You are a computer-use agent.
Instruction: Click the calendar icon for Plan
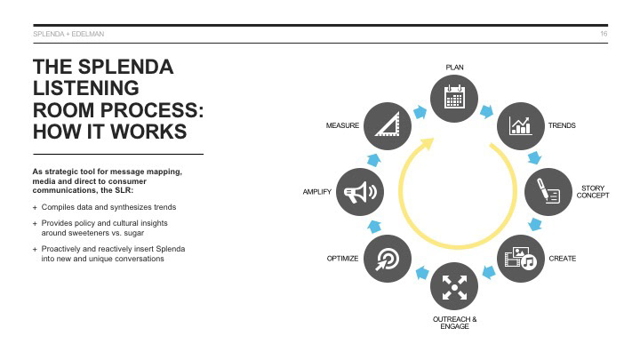pos(454,98)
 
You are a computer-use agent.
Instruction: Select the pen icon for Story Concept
pos(548,191)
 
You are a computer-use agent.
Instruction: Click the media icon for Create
pos(520,258)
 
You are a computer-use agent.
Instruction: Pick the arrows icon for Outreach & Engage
pos(454,286)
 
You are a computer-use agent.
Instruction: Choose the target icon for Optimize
pos(388,258)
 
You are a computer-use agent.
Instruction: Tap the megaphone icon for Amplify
pos(361,192)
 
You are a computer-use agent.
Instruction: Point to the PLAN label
pos(454,68)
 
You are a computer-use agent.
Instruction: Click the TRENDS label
pos(562,126)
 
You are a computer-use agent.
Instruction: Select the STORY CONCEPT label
pos(592,192)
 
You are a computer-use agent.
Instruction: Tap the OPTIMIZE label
pos(342,259)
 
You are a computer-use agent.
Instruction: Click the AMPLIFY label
pos(317,192)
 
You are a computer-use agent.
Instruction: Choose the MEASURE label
pos(342,126)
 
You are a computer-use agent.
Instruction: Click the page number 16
pos(604,34)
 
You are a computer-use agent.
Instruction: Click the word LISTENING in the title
pos(85,89)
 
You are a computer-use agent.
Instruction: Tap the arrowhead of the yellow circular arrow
pos(428,140)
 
